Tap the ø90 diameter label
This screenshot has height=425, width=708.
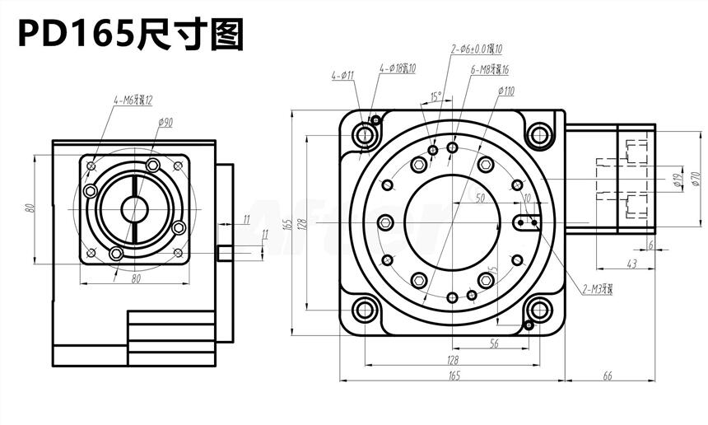165,123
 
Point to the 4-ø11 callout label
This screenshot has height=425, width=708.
342,76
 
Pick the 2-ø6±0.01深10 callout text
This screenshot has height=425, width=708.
477,49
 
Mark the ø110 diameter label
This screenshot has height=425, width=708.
505,91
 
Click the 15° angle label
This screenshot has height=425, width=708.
436,96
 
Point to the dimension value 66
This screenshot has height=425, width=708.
608,376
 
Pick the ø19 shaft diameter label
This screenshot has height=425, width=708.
676,180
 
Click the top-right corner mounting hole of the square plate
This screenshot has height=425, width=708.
539,133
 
